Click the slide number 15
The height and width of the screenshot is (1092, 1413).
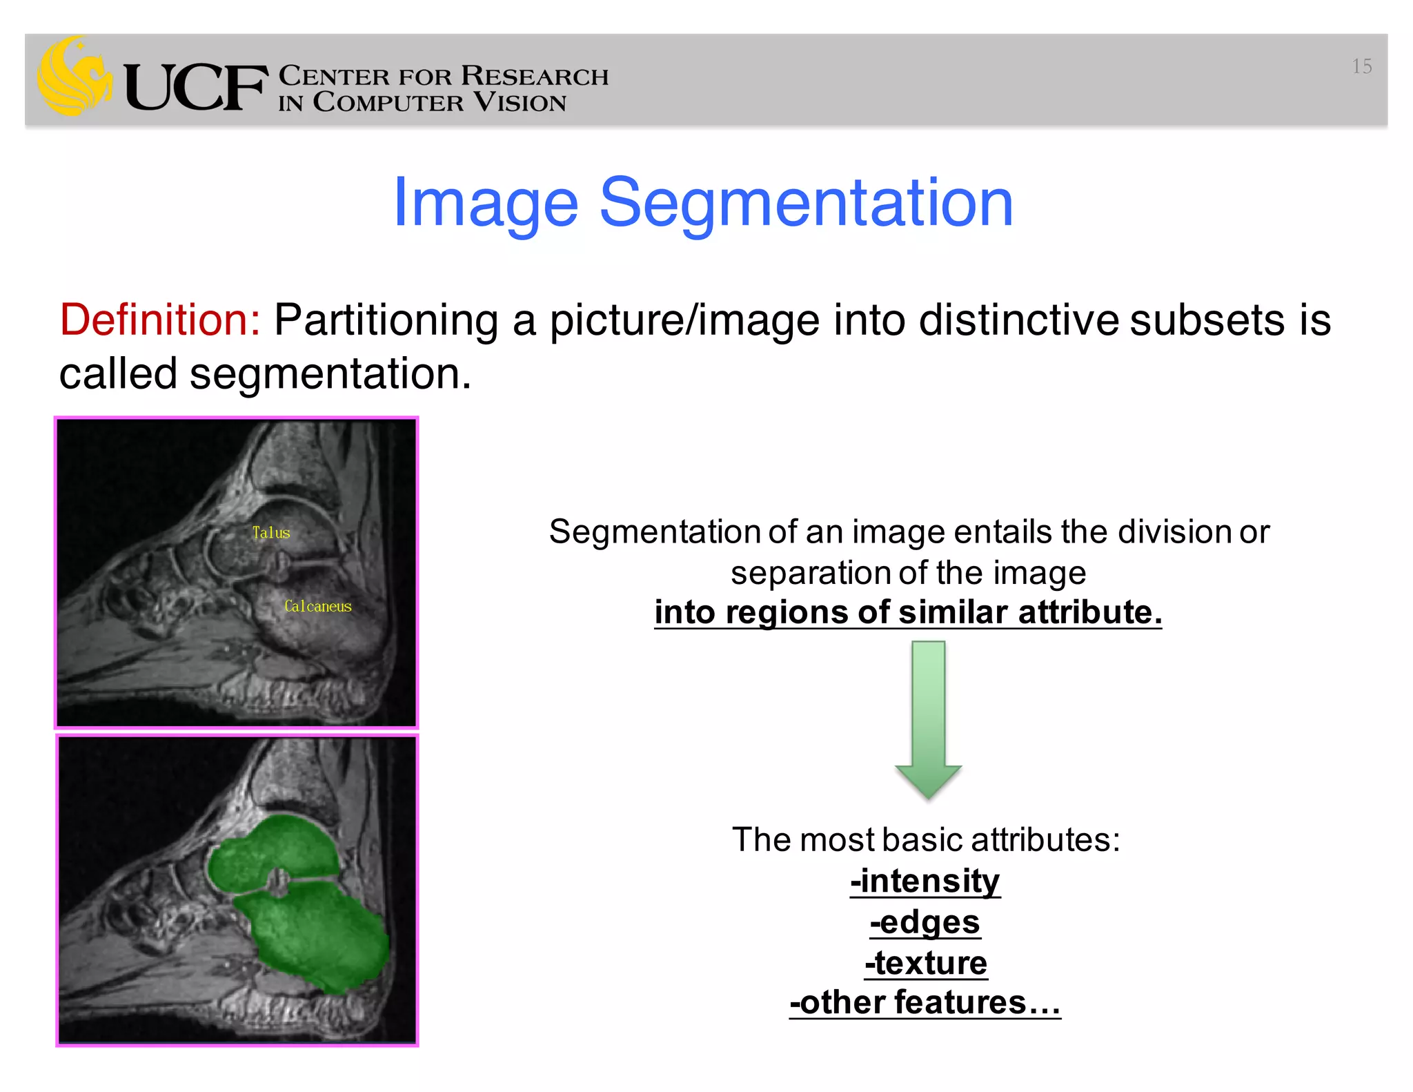[x=1361, y=66]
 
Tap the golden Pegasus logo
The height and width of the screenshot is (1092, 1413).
[x=74, y=76]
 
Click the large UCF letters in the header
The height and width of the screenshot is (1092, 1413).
[x=195, y=88]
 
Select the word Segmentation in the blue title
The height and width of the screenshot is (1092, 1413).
[x=806, y=202]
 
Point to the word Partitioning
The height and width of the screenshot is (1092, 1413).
[x=386, y=320]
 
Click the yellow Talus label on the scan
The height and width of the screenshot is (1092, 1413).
[x=271, y=533]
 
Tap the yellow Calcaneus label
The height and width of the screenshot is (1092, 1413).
[x=318, y=606]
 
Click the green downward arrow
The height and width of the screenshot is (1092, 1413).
[x=928, y=718]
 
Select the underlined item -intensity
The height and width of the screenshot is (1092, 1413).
[x=925, y=881]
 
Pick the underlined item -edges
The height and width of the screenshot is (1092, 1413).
[x=925, y=922]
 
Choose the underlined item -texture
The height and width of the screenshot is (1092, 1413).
[x=926, y=963]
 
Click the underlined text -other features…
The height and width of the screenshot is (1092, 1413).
[x=925, y=1002]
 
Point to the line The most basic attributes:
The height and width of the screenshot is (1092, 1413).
[x=926, y=840]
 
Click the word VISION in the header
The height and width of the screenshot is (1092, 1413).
[x=520, y=103]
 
